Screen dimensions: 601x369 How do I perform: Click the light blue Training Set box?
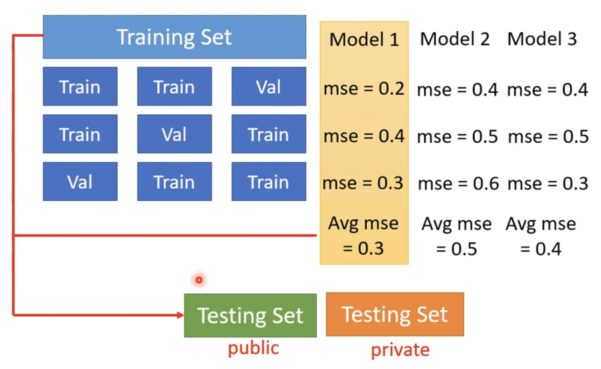pos(174,37)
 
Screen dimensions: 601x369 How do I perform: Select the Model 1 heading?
pos(364,40)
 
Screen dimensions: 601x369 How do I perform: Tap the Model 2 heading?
pos(455,39)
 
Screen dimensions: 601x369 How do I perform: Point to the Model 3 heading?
pos(542,39)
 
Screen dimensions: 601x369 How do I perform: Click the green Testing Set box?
pos(250,315)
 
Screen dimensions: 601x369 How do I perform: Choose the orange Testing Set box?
pos(395,314)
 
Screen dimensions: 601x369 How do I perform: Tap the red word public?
pos(253,348)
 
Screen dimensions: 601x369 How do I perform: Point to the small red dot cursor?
pos(199,280)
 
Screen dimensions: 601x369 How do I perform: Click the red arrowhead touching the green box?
pos(181,315)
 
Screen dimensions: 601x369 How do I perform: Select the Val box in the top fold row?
pos(269,86)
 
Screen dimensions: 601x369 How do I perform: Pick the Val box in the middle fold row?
pos(174,134)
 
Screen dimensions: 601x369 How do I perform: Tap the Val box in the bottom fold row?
pos(80,181)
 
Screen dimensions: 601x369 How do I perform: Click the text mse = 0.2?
pos(364,89)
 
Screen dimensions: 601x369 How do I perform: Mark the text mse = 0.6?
pos(458,184)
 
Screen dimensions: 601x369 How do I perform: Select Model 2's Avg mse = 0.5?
pos(457,236)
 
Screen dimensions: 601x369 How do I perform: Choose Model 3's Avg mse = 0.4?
pos(541,236)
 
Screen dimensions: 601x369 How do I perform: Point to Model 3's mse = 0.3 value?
pos(548,184)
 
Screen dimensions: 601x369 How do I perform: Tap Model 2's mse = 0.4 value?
pos(458,90)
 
